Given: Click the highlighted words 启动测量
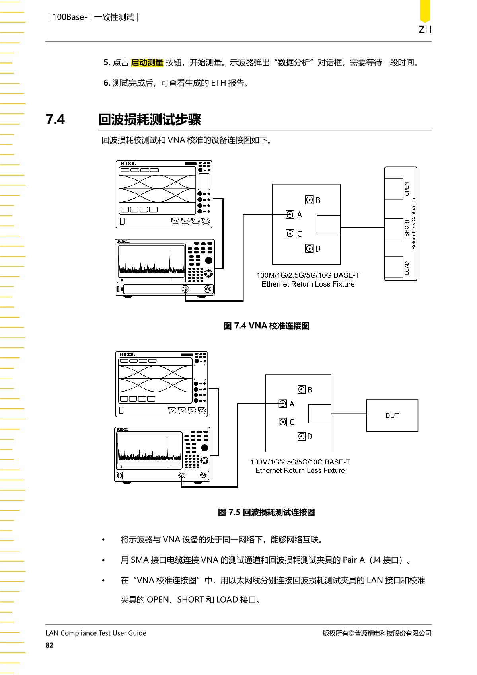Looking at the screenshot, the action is click(147, 62).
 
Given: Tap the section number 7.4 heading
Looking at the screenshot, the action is click(55, 119).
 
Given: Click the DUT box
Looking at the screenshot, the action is click(392, 416).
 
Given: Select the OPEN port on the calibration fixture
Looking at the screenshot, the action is click(394, 189).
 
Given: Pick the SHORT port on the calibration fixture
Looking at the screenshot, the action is click(394, 229).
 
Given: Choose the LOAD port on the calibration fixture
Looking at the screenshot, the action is click(394, 267).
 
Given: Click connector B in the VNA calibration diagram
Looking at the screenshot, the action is click(309, 200).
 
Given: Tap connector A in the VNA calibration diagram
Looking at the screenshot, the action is click(290, 215).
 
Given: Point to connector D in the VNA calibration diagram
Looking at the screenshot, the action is click(309, 248).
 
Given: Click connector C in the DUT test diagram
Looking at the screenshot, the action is click(283, 422).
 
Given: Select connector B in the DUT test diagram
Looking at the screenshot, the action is click(302, 390).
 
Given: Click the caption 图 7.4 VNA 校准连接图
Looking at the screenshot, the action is click(267, 326).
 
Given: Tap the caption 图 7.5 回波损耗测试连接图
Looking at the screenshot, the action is click(267, 512).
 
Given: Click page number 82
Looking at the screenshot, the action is click(49, 645).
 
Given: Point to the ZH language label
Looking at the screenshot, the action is click(425, 29).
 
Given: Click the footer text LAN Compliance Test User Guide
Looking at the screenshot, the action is click(96, 633).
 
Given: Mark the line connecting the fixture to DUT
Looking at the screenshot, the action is click(349, 414).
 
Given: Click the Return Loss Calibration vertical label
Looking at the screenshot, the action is click(413, 224).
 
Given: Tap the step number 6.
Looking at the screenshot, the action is click(107, 83).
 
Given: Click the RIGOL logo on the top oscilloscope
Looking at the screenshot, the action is click(128, 163).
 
